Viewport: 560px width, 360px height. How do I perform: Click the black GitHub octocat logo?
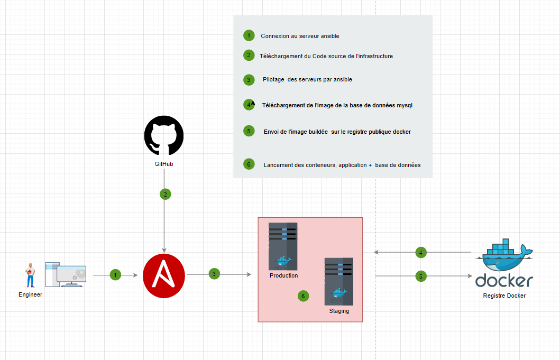coord(164,135)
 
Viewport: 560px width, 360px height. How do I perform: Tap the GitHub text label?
coord(164,164)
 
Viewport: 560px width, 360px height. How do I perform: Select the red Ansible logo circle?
coord(164,276)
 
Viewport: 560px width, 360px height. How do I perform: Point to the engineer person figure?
coord(30,275)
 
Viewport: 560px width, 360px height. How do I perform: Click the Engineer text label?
coord(30,294)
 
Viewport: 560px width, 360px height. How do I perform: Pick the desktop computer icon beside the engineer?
coord(66,275)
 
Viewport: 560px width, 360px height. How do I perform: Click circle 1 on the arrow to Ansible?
coord(115,275)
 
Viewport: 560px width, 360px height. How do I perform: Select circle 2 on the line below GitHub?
coord(166,195)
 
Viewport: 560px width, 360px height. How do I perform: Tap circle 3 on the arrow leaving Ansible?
coord(214,274)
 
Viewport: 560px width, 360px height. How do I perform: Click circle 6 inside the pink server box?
coord(303,296)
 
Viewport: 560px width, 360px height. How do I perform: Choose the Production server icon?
coord(283,246)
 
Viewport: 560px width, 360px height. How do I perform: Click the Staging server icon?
coord(339,281)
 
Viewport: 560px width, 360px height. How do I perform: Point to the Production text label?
coord(283,275)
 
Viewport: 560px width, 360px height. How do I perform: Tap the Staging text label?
coord(339,311)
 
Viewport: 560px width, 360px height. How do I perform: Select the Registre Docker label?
coord(504,296)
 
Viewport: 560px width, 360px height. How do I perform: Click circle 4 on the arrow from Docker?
coord(421,253)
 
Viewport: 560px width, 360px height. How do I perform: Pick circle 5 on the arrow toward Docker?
coord(421,276)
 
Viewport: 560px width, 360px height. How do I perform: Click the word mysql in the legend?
coord(405,105)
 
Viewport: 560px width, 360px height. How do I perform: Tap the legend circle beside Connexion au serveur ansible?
coord(249,35)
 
